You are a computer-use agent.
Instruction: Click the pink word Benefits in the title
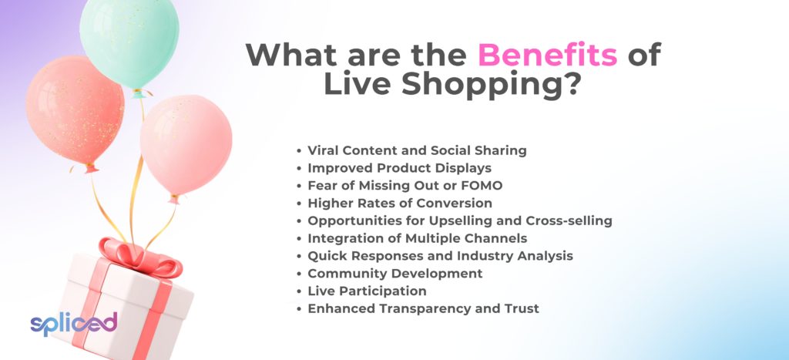(548, 55)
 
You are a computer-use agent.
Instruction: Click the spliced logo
(73, 324)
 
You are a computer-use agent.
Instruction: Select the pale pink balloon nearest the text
(186, 144)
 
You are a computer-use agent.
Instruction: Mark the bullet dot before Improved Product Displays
(300, 168)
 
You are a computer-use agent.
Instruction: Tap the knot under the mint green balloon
(139, 93)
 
